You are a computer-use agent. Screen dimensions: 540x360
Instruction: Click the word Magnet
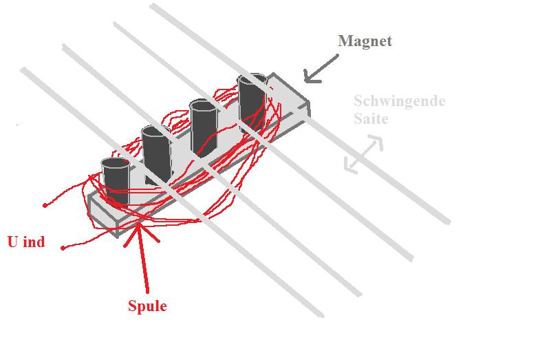[365, 41]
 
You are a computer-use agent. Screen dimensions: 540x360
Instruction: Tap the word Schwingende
[400, 101]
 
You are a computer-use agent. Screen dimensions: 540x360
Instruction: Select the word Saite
[371, 119]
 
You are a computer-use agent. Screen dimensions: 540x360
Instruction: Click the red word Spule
[147, 306]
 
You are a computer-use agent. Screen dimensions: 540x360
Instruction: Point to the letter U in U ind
[13, 242]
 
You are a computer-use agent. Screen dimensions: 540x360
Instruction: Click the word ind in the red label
[34, 242]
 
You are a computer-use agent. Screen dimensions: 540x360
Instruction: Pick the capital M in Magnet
[346, 41]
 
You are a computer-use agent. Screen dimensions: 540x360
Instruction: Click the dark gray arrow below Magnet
[321, 69]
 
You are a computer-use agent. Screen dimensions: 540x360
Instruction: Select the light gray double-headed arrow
[364, 153]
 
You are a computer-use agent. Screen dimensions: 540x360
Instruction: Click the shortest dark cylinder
[116, 180]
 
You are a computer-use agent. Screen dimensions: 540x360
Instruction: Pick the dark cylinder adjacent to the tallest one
[204, 127]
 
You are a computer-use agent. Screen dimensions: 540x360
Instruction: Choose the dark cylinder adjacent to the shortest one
[157, 154]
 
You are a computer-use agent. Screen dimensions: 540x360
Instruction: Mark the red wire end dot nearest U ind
[63, 248]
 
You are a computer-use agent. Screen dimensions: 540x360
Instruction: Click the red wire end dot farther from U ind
[45, 206]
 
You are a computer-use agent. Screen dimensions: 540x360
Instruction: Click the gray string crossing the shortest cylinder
[172, 192]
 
